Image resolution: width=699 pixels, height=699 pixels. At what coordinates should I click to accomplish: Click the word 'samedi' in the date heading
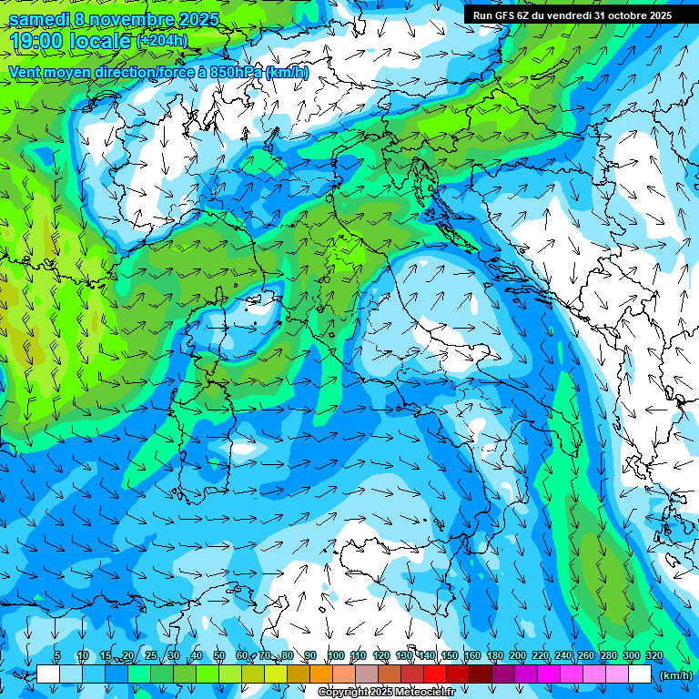(x=38, y=19)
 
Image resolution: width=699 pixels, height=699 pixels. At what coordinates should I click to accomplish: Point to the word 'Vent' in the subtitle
(x=25, y=72)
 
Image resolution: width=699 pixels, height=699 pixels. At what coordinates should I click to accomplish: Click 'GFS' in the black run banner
(x=506, y=15)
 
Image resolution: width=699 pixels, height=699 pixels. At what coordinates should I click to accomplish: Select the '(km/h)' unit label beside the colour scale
(x=674, y=675)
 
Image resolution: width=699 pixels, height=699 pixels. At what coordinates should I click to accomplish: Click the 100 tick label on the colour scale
(x=336, y=656)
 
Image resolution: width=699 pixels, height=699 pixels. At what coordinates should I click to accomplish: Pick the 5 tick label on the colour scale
(x=57, y=656)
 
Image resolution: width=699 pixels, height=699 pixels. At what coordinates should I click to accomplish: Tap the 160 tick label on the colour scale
(x=472, y=656)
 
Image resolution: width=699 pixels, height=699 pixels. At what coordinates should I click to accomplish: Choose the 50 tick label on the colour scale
(x=219, y=656)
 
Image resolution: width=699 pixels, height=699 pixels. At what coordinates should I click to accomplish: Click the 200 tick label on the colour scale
(x=518, y=656)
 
